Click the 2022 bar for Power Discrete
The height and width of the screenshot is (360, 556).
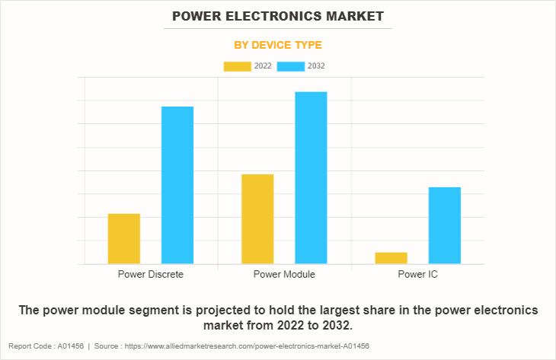[x=123, y=239]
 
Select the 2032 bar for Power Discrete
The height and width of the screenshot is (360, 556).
[x=177, y=185]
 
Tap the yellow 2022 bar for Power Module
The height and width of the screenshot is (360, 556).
[x=257, y=219]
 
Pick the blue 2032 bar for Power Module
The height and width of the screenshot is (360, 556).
[x=311, y=177]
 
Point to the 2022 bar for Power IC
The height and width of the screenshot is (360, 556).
[x=391, y=258]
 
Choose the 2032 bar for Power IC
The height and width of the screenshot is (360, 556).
[x=444, y=225]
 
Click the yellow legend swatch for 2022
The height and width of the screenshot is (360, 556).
[x=237, y=66]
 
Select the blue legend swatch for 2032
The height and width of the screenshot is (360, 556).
[x=291, y=66]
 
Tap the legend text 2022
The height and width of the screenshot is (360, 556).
[x=263, y=66]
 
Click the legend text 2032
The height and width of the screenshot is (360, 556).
[x=317, y=66]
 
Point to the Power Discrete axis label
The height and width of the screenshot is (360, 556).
[x=150, y=274]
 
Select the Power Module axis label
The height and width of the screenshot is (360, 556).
[x=284, y=274]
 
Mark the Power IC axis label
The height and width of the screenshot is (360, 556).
[x=417, y=274]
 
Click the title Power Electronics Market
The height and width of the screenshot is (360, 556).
[x=277, y=15]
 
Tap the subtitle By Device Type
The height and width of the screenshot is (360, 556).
[x=277, y=45]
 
